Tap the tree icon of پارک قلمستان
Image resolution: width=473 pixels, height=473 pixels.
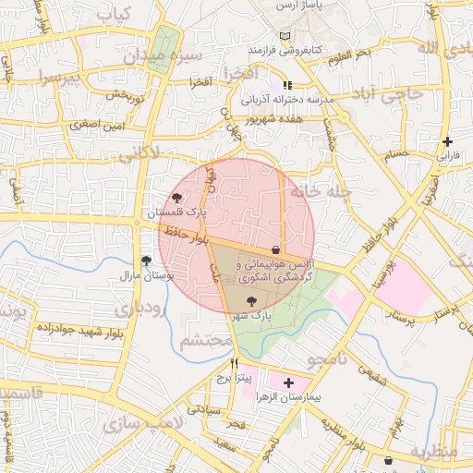[176, 197]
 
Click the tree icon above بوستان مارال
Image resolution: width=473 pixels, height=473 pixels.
[145, 261]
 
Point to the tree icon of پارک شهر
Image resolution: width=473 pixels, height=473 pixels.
[252, 300]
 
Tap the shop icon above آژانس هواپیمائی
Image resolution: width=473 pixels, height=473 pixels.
[276, 249]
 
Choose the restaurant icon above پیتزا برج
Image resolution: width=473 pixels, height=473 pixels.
[235, 363]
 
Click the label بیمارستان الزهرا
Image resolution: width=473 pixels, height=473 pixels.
[312, 396]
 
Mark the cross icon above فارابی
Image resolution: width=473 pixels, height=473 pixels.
[448, 142]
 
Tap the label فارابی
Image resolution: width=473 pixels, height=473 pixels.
[447, 157]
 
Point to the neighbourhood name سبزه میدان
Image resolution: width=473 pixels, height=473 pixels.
[164, 57]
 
